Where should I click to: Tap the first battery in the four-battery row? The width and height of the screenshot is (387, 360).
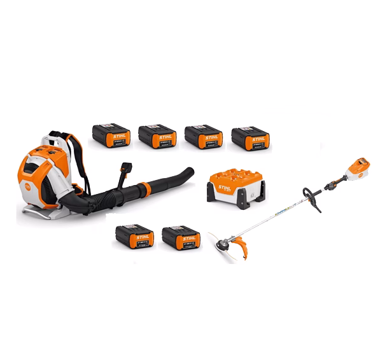tap(111, 135)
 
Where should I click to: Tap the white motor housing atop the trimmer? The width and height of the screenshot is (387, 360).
tap(356, 169)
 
